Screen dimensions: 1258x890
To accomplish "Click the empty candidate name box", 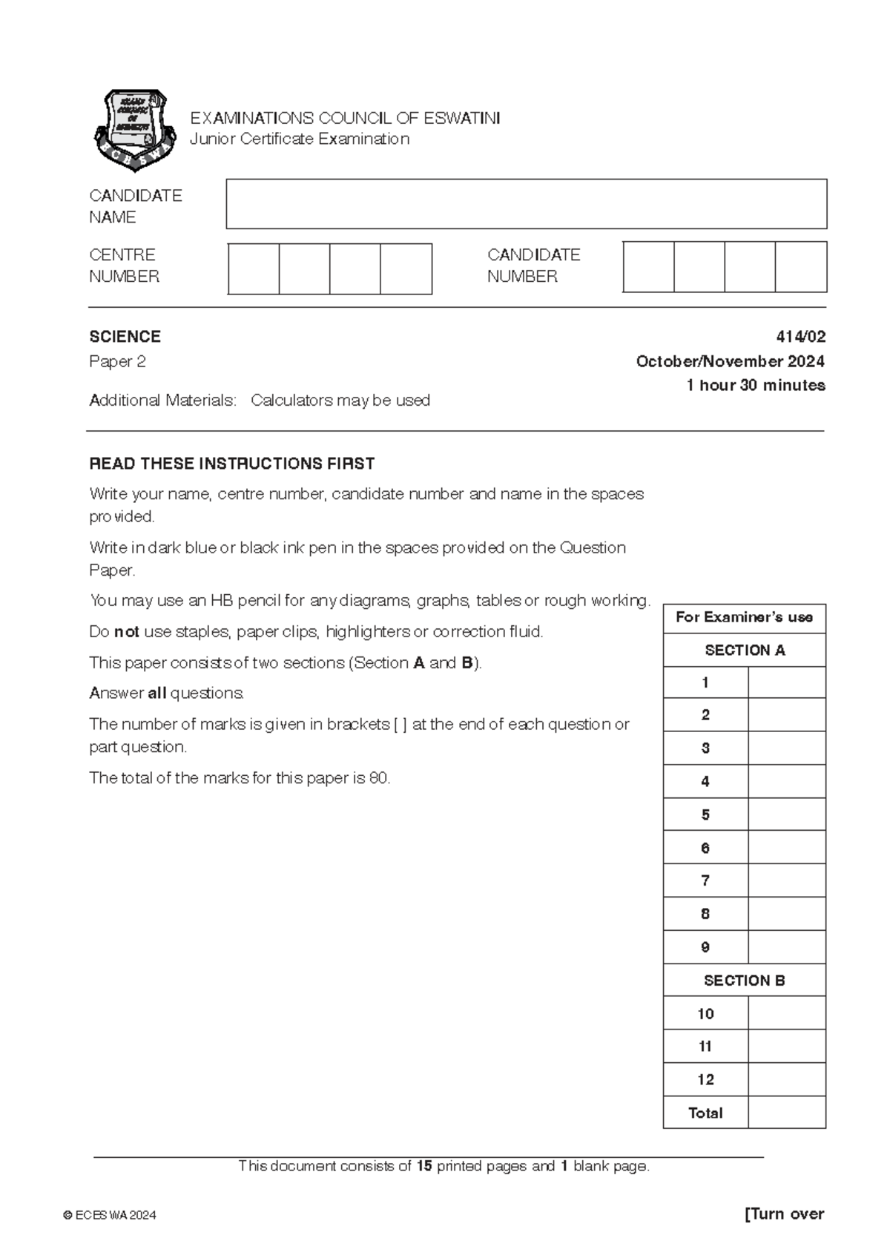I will [526, 204].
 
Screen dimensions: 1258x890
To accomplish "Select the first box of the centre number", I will [254, 269].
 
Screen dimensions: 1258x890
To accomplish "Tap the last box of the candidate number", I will [801, 266].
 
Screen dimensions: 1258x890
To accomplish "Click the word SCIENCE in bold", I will [125, 337].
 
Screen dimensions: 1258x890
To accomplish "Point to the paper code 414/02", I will [800, 337].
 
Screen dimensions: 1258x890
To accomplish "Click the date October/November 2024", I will [730, 361].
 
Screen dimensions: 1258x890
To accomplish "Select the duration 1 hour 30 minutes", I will [755, 385].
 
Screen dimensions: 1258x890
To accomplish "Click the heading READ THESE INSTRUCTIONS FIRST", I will [231, 464].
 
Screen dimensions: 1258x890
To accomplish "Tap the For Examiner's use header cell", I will [744, 617].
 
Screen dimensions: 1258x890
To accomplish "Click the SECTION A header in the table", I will [744, 651].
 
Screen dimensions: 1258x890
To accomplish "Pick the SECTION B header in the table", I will [744, 981].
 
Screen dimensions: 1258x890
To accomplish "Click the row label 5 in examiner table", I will [705, 814].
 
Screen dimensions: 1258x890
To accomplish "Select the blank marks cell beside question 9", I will [787, 947].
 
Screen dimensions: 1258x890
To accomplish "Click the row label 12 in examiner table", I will [705, 1080].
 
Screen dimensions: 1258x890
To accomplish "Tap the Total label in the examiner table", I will [705, 1113].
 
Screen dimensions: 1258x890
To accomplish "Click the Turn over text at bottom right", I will [784, 1214].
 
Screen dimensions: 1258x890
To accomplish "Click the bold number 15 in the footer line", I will [423, 1166].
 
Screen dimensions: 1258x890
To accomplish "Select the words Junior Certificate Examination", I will [300, 139].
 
